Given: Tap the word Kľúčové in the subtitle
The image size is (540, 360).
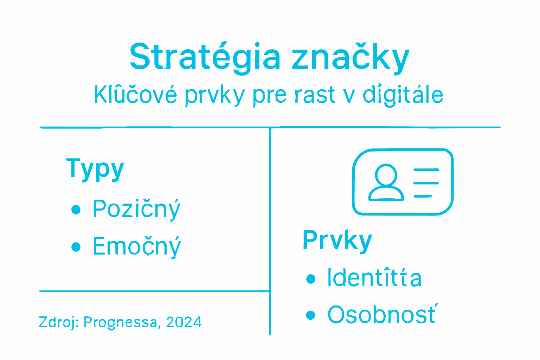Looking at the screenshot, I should [x=135, y=95].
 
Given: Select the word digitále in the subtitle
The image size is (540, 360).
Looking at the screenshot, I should [x=403, y=95].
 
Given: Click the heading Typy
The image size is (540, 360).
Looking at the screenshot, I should [x=95, y=169].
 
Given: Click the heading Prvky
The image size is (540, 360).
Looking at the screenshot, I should [x=337, y=240].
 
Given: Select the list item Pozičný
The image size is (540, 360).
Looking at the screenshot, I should [x=136, y=209].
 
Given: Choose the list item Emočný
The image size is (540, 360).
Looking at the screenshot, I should [x=136, y=246].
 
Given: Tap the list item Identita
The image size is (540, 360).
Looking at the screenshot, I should [x=374, y=278].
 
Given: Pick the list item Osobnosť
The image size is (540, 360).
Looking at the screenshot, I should [x=381, y=315].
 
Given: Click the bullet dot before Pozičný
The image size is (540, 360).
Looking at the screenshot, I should [x=76, y=210].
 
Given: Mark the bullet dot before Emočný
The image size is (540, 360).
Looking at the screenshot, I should [x=76, y=247].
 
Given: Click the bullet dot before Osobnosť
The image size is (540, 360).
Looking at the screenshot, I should [x=310, y=315].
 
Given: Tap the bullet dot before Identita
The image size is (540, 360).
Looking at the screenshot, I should [x=310, y=279].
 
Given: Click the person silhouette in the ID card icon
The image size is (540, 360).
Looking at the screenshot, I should [x=386, y=183].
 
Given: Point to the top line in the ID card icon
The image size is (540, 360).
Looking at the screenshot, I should [x=426, y=170].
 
